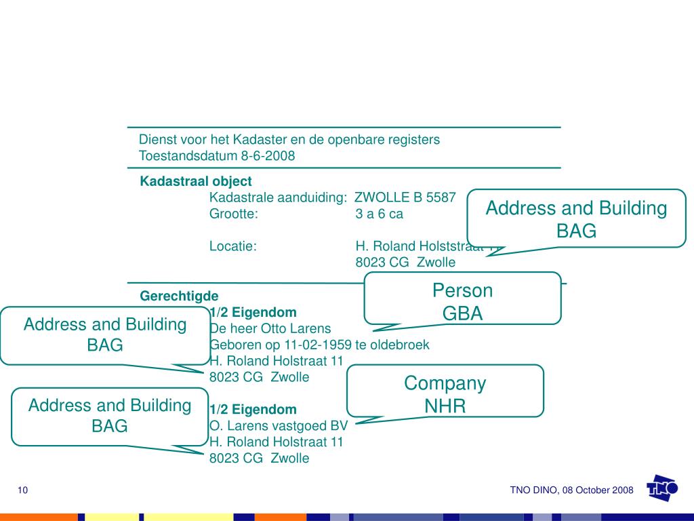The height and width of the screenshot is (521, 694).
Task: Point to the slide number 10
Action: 23,490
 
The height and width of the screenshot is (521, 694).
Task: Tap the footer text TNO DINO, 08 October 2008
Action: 571,490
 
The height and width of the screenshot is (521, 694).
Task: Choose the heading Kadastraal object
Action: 196,181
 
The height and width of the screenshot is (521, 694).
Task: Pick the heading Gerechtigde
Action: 180,296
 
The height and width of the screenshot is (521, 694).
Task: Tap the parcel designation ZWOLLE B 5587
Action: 406,197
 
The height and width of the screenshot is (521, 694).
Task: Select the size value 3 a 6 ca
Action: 379,214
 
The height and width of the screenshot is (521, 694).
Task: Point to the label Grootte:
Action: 234,214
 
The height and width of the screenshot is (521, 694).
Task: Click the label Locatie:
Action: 232,246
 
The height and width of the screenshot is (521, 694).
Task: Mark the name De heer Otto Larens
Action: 270,329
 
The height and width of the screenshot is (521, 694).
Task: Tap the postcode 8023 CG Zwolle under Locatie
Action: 405,263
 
